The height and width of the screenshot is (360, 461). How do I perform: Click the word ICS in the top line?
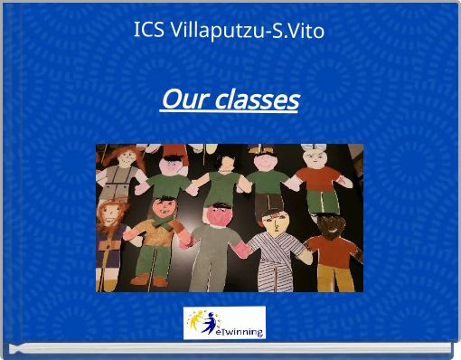148,30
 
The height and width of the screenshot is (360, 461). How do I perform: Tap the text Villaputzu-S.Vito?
247,30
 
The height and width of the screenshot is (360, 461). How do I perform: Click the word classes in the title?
256,99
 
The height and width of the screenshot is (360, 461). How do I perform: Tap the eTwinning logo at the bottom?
224,323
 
